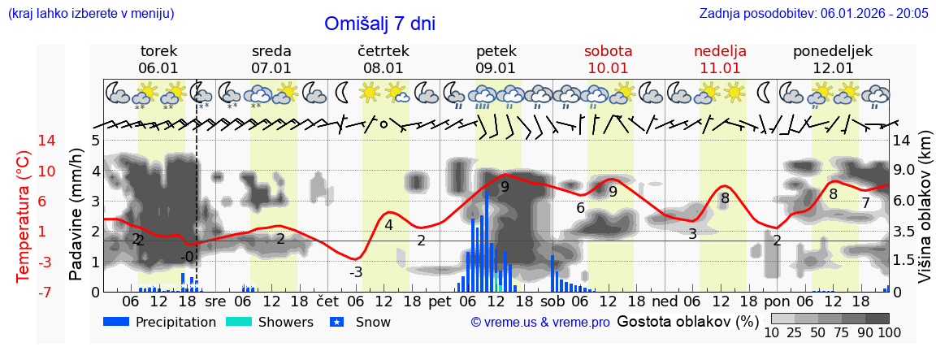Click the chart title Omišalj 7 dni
[379, 24]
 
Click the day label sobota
[608, 51]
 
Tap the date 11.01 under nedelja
[720, 68]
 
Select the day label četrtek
[383, 51]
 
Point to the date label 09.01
[496, 68]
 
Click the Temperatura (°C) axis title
[24, 215]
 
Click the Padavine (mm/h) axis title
[76, 215]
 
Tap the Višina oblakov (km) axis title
[925, 215]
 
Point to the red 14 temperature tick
[24, 141]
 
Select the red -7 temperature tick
[24, 292]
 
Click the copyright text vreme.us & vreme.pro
[540, 322]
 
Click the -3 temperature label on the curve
[355, 272]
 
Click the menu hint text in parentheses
[90, 13]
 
